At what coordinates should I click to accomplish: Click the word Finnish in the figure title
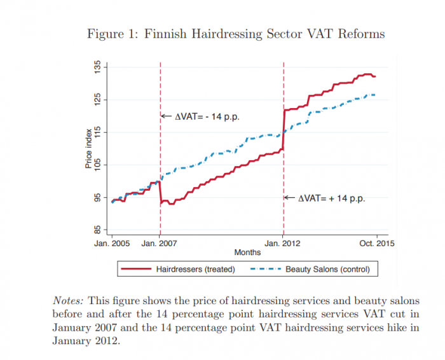tap(165, 34)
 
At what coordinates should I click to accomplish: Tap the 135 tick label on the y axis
tap(97, 67)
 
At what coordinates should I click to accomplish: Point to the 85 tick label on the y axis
tap(97, 230)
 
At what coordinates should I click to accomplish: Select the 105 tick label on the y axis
tap(97, 165)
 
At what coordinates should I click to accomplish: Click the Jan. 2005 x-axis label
tap(112, 244)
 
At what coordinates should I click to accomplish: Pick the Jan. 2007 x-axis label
tap(159, 244)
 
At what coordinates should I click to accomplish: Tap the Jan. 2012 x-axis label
tap(282, 244)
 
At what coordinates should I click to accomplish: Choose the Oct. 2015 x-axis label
tap(377, 244)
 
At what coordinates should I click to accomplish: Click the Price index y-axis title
tap(88, 149)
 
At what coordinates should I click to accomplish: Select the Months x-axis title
tap(247, 253)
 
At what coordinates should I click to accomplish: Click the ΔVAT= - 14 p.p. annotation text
tap(207, 116)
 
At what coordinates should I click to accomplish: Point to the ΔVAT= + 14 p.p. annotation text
tap(331, 198)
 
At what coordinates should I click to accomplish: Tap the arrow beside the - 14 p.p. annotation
tap(167, 116)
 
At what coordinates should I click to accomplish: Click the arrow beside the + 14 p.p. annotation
tap(290, 197)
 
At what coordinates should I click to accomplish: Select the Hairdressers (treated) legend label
tap(196, 269)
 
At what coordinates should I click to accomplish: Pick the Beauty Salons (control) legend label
tap(327, 269)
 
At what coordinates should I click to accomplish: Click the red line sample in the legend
tap(136, 268)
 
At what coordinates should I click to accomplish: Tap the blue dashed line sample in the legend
tap(266, 268)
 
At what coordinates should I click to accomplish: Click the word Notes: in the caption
tap(68, 301)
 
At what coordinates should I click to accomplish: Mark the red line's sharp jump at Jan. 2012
tap(284, 130)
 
